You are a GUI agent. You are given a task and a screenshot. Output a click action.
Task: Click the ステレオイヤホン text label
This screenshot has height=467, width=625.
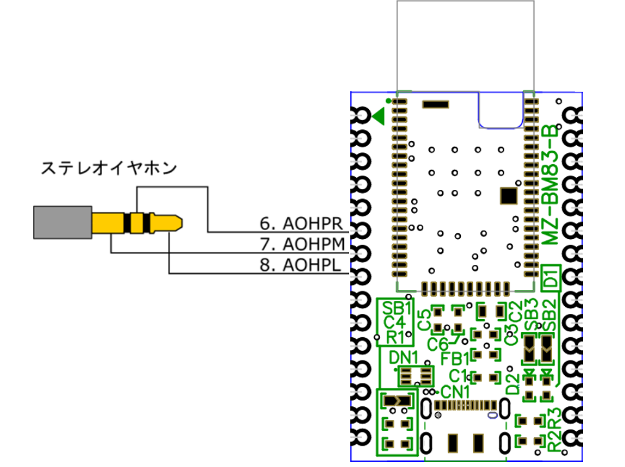pyautogui.click(x=108, y=169)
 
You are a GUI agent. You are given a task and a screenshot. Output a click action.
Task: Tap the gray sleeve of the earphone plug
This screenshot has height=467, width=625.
pyautogui.click(x=62, y=222)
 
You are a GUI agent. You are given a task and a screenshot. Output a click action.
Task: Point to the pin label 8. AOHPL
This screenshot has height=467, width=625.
pyautogui.click(x=301, y=265)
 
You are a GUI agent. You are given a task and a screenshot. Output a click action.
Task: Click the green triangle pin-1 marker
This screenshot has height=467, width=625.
pyautogui.click(x=379, y=116)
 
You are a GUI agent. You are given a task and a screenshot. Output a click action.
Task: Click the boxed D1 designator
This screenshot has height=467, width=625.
pyautogui.click(x=550, y=278)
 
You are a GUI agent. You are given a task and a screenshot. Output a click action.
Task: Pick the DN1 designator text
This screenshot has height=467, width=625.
pyautogui.click(x=405, y=357)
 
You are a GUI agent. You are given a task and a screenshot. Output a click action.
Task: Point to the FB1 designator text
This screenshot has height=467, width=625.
pyautogui.click(x=455, y=357)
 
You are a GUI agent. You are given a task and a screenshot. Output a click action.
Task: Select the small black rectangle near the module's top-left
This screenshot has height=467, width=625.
pyautogui.click(x=435, y=103)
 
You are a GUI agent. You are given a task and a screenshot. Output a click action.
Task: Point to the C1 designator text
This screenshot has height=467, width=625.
pyautogui.click(x=458, y=375)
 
